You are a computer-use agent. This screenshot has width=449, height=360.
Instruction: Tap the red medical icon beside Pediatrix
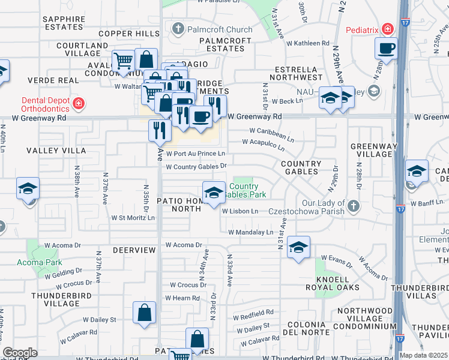point(388,29)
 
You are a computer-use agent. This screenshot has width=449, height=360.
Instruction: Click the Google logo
point(20,353)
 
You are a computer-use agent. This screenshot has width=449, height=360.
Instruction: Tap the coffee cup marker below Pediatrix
point(386,48)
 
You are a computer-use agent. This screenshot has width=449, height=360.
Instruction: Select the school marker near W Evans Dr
point(298,247)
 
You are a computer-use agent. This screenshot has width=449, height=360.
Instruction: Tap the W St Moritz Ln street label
point(133,218)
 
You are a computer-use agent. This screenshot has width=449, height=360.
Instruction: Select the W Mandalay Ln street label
point(250,232)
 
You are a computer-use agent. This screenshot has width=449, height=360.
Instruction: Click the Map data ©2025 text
point(423,355)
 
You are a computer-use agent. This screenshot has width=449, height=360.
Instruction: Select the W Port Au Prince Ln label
point(195,154)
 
